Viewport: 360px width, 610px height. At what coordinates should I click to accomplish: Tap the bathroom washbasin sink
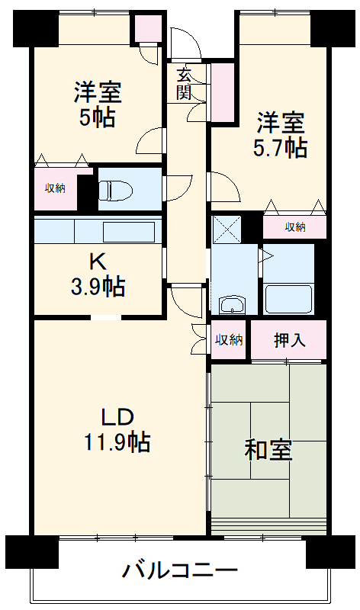pyautogui.click(x=230, y=306)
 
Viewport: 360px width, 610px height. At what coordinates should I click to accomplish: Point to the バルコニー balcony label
pyautogui.click(x=180, y=570)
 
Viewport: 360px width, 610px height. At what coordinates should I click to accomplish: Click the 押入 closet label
pyautogui.click(x=289, y=340)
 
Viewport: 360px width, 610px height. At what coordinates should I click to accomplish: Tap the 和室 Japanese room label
pyautogui.click(x=268, y=450)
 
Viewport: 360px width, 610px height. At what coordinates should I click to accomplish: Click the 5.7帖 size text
pyautogui.click(x=280, y=147)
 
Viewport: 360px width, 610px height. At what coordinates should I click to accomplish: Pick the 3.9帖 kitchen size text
pyautogui.click(x=98, y=287)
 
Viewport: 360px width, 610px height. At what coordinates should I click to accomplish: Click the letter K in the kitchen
pyautogui.click(x=98, y=262)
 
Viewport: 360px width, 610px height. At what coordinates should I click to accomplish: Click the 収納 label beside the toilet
pyautogui.click(x=54, y=188)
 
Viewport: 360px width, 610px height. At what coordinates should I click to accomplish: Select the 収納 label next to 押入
pyautogui.click(x=228, y=340)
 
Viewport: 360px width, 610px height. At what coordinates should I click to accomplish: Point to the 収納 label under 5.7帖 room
pyautogui.click(x=296, y=226)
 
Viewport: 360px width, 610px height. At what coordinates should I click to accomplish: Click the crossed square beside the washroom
pyautogui.click(x=226, y=228)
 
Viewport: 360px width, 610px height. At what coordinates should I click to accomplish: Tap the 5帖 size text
pyautogui.click(x=97, y=117)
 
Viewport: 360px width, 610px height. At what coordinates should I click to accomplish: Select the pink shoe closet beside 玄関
pyautogui.click(x=223, y=92)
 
